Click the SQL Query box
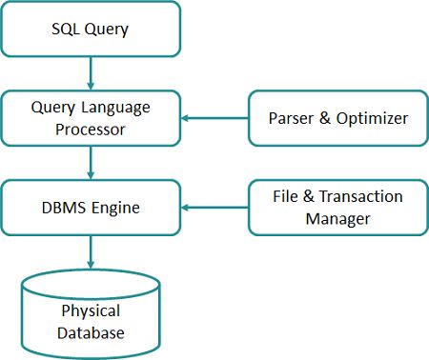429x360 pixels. point(91,29)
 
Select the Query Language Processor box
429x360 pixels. point(91,118)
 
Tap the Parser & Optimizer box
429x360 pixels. point(337,118)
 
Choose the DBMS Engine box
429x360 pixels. point(91,207)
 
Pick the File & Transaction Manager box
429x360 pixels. point(337,207)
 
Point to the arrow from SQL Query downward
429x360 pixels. point(91,71)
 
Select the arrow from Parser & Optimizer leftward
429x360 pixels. point(214,118)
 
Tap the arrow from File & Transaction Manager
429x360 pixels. point(214,207)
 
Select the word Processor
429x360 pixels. point(91,129)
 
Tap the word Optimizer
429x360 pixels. point(375,118)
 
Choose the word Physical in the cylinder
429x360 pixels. point(91,310)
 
